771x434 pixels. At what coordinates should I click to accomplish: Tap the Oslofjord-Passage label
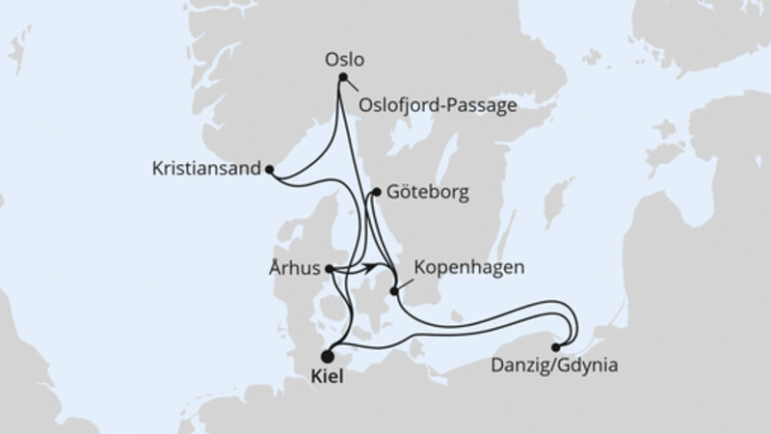[437, 104]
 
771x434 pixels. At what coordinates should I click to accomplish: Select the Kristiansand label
[206, 168]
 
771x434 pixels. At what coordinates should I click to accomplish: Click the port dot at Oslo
[341, 80]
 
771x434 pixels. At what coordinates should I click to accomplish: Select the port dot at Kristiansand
[269, 171]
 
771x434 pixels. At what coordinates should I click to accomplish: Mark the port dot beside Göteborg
[374, 193]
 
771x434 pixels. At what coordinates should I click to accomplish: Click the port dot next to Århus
[330, 270]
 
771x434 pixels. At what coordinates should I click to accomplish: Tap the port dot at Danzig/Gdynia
[556, 346]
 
